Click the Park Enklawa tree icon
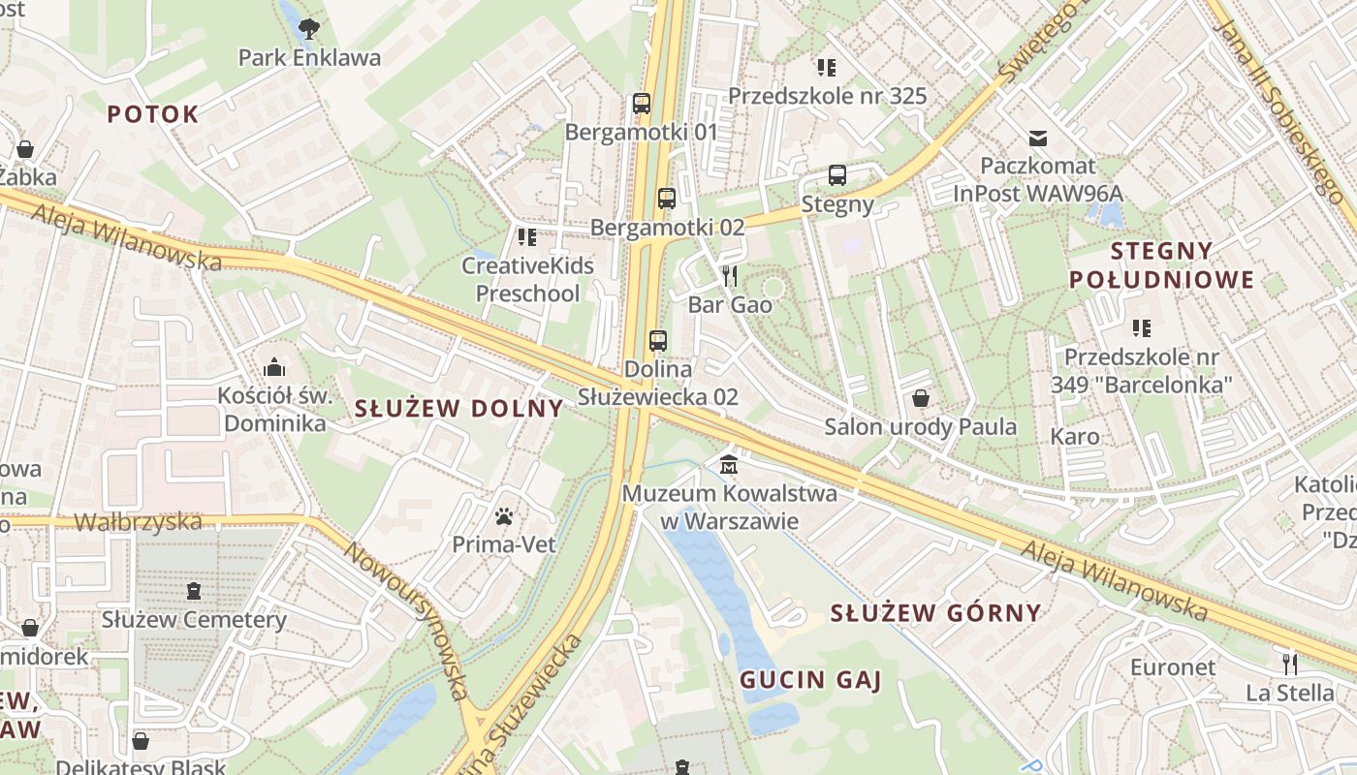(309, 29)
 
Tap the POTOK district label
(152, 114)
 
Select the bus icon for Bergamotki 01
(641, 103)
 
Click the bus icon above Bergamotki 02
(666, 198)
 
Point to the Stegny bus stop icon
(837, 175)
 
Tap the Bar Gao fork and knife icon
(730, 276)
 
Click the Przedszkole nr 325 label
(827, 96)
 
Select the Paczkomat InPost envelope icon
(1038, 138)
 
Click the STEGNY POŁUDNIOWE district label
(1161, 265)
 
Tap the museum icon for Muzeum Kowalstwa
(728, 465)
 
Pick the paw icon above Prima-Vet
(504, 516)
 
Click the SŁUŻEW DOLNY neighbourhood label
(458, 408)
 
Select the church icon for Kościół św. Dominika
(274, 367)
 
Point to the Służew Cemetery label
(194, 620)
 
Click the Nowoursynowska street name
(407, 620)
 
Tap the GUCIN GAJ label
(810, 680)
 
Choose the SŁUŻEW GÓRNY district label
(935, 612)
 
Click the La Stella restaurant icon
(1289, 664)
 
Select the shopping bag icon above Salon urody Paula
(921, 398)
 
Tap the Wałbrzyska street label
(139, 522)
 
